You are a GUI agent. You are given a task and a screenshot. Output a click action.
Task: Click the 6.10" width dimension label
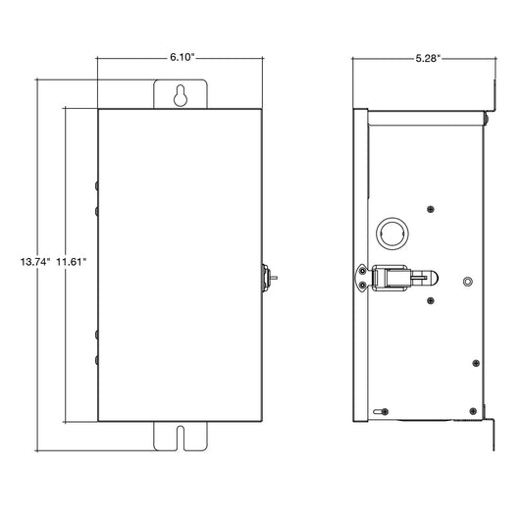182,57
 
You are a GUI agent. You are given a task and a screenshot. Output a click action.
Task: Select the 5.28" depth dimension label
428,58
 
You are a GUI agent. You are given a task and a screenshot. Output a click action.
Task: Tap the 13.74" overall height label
35,261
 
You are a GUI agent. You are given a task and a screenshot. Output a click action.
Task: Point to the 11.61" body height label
71,261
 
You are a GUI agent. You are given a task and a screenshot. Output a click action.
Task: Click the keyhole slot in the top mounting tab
181,96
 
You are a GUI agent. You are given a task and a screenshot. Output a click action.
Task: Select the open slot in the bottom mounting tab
181,438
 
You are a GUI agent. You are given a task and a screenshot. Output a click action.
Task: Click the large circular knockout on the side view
392,234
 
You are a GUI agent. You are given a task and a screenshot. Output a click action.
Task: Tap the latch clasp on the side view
390,278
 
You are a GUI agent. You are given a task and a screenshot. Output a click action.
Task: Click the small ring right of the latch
468,282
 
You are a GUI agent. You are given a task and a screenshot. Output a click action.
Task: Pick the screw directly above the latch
431,209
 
